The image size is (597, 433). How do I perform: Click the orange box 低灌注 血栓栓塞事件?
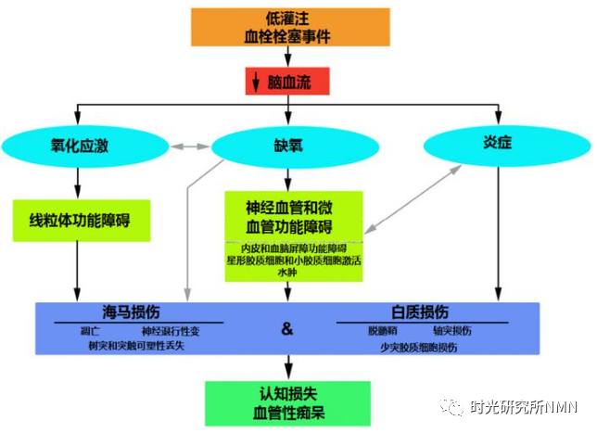290,27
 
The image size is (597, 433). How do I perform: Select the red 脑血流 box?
288,82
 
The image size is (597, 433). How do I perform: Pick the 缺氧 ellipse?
288,146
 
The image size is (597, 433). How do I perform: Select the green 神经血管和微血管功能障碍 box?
289,216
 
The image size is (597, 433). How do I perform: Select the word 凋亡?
91,330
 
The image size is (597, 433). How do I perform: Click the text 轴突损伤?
453,330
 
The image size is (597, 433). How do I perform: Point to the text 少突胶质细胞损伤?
418,346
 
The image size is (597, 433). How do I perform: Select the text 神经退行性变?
170,330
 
